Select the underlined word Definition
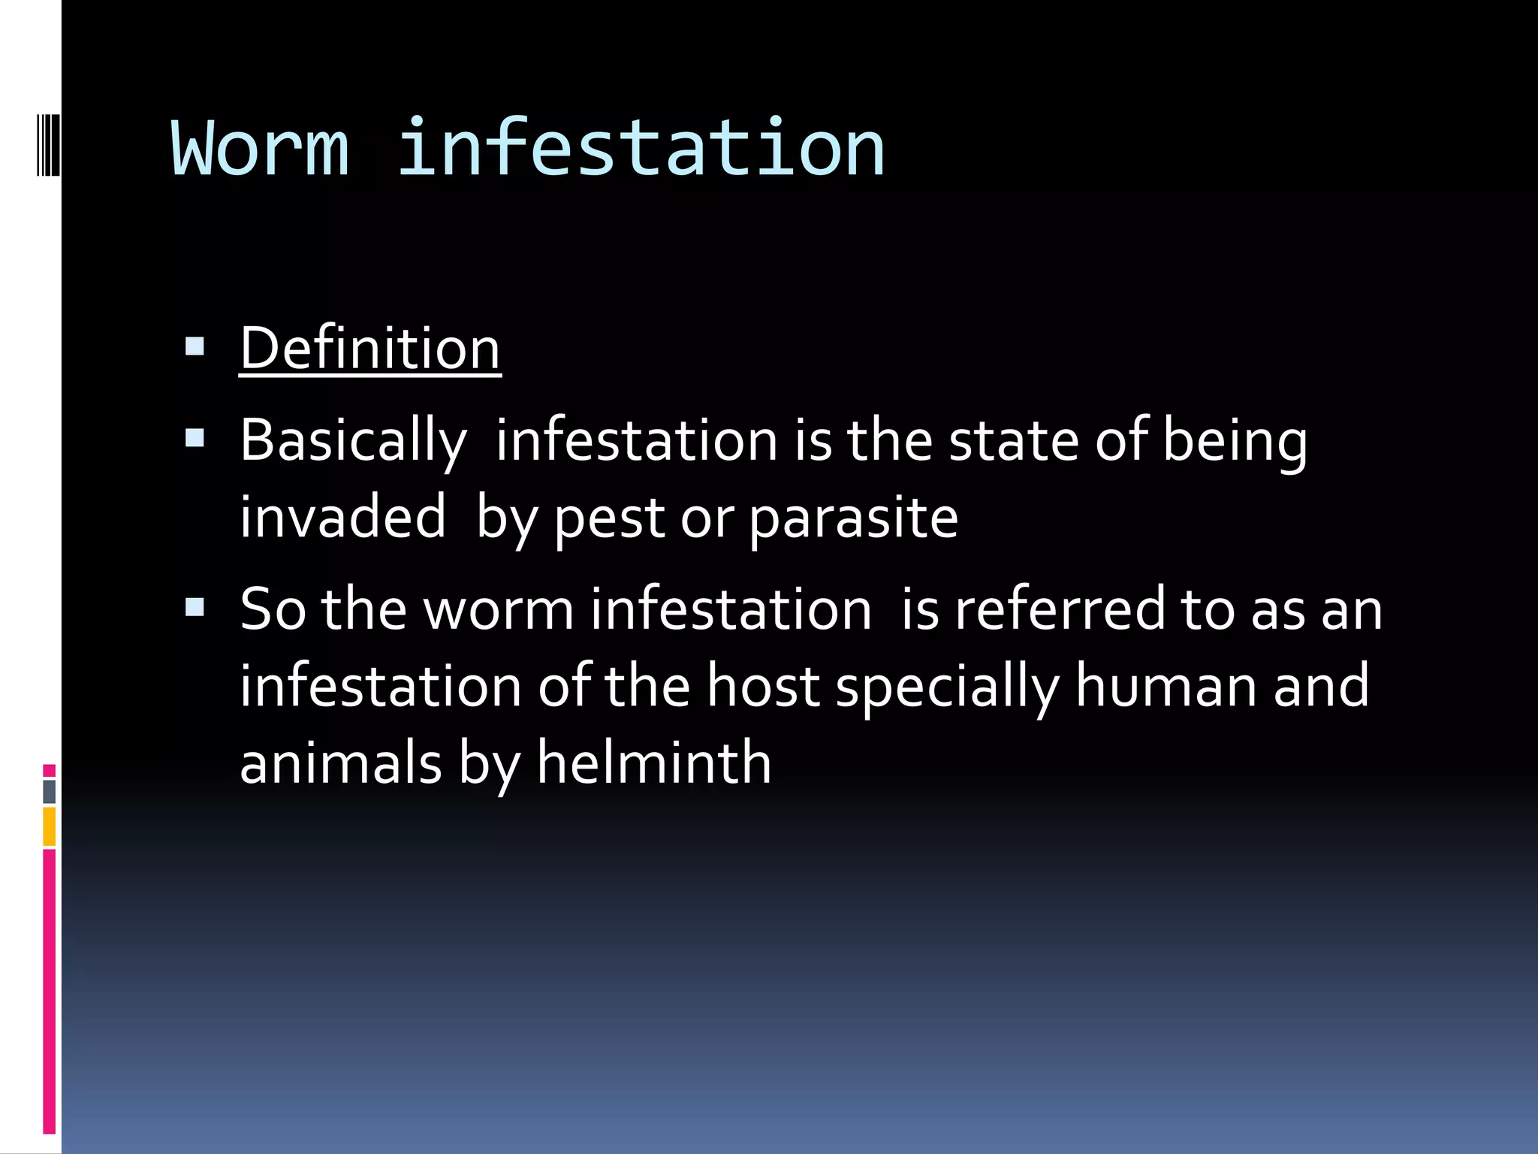(370, 349)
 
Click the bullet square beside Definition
(195, 346)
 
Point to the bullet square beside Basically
(195, 438)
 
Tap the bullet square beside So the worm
(195, 607)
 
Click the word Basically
(353, 441)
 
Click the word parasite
(854, 519)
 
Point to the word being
(1235, 443)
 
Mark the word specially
(947, 687)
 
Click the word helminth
(654, 763)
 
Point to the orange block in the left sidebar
(49, 826)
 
